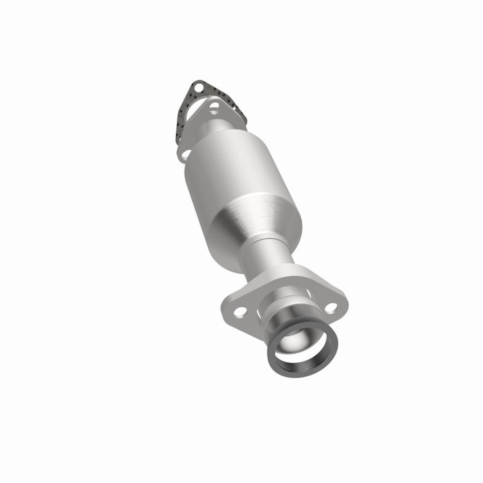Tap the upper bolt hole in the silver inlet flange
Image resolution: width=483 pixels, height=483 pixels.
point(213,107)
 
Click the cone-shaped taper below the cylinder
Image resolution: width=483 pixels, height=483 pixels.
point(258,225)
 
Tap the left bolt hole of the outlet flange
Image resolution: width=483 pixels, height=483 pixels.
point(240,311)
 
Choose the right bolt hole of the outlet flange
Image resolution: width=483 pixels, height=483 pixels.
point(331,307)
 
